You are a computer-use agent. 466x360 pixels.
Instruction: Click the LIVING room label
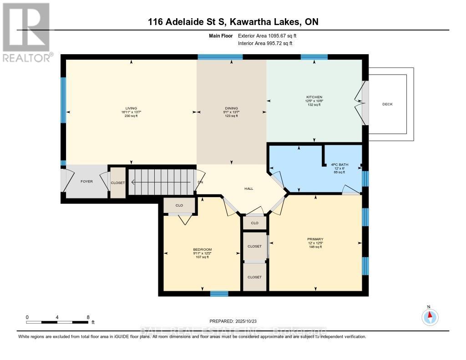tap(132, 108)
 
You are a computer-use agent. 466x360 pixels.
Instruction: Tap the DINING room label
tap(231, 108)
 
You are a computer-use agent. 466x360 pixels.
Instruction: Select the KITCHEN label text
tap(314, 97)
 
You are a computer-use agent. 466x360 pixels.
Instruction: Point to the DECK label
tap(387, 104)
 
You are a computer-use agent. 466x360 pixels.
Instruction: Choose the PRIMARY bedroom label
tap(315, 239)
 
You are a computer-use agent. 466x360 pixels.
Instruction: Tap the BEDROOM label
tap(202, 249)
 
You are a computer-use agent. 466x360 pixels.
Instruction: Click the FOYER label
tap(86, 182)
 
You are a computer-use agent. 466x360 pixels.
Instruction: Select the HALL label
tap(248, 188)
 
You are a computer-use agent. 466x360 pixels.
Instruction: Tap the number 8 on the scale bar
tap(88, 317)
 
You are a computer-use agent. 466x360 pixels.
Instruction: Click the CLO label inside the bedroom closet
tap(179, 206)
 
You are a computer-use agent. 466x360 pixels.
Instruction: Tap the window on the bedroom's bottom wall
tap(219, 294)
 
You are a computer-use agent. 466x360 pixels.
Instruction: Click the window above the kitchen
tap(314, 57)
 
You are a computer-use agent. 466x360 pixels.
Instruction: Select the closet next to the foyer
tap(117, 183)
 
